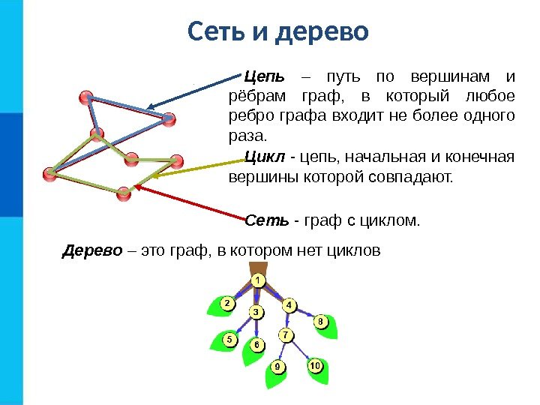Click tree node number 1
[257, 280]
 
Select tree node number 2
[226, 303]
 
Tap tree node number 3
[256, 311]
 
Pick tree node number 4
[289, 305]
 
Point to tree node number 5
[229, 339]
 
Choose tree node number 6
[256, 345]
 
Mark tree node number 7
[285, 334]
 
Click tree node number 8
[320, 322]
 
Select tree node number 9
[277, 367]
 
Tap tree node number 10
[315, 365]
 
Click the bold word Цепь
[265, 77]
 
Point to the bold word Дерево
[91, 250]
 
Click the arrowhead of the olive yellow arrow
[155, 177]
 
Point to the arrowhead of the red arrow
[137, 187]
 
